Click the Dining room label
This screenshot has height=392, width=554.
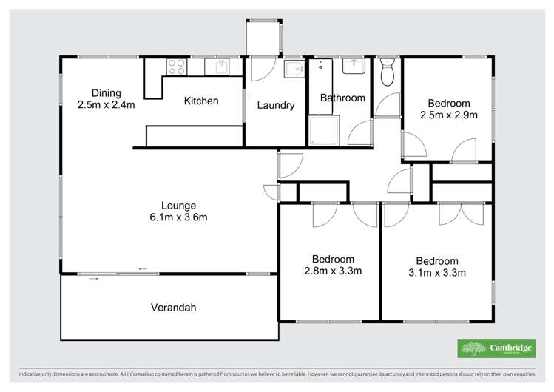point(107,92)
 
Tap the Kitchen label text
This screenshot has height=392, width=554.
point(200,101)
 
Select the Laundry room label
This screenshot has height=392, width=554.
point(275,105)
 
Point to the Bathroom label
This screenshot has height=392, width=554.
point(342,98)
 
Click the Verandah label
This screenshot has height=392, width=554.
point(173,308)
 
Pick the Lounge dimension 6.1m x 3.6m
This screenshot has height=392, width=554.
point(179,217)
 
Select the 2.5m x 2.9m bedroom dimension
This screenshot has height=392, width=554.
point(449,115)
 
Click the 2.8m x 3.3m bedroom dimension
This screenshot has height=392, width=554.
point(333,271)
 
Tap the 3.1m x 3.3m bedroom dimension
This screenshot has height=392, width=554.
point(436,272)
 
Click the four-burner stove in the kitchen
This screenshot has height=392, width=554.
point(176,67)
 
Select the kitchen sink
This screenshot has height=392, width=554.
point(217,67)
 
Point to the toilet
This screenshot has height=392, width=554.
point(387,72)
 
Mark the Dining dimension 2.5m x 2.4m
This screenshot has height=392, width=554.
point(107,104)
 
